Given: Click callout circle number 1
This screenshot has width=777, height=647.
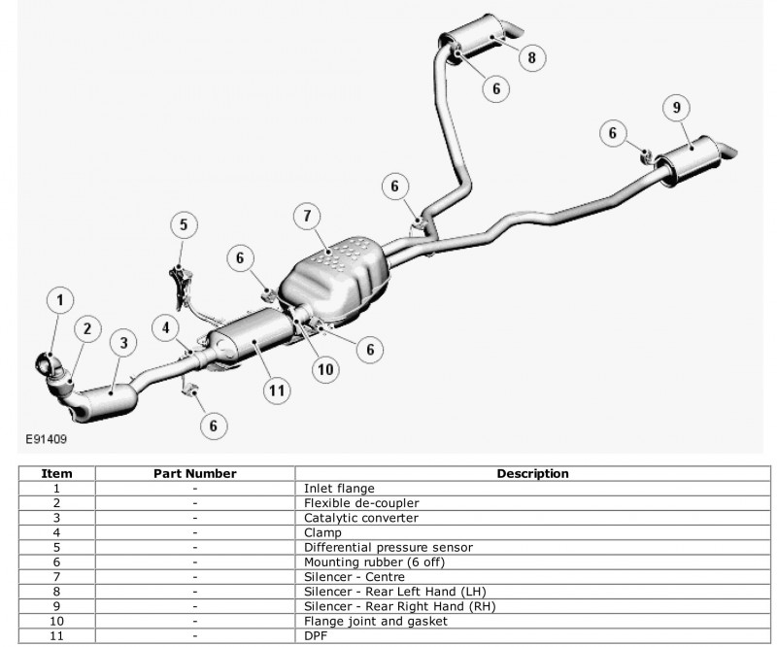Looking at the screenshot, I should pyautogui.click(x=60, y=301).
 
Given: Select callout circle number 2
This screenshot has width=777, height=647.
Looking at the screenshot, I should pyautogui.click(x=86, y=329).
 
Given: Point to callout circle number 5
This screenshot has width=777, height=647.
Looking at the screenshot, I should pyautogui.click(x=183, y=225).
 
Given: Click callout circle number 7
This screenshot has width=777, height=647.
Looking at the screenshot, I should pyautogui.click(x=306, y=215).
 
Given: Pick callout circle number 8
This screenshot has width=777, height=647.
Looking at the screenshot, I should pyautogui.click(x=531, y=57).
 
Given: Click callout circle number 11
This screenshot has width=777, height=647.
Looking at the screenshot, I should pyautogui.click(x=278, y=391).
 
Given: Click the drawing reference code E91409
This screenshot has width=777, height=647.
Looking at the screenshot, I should pyautogui.click(x=41, y=439).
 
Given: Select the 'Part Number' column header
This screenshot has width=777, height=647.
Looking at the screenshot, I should pyautogui.click(x=195, y=474).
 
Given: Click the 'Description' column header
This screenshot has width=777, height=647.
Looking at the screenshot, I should pyautogui.click(x=532, y=474).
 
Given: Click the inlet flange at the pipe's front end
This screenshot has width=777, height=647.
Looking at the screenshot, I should pyautogui.click(x=46, y=363).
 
